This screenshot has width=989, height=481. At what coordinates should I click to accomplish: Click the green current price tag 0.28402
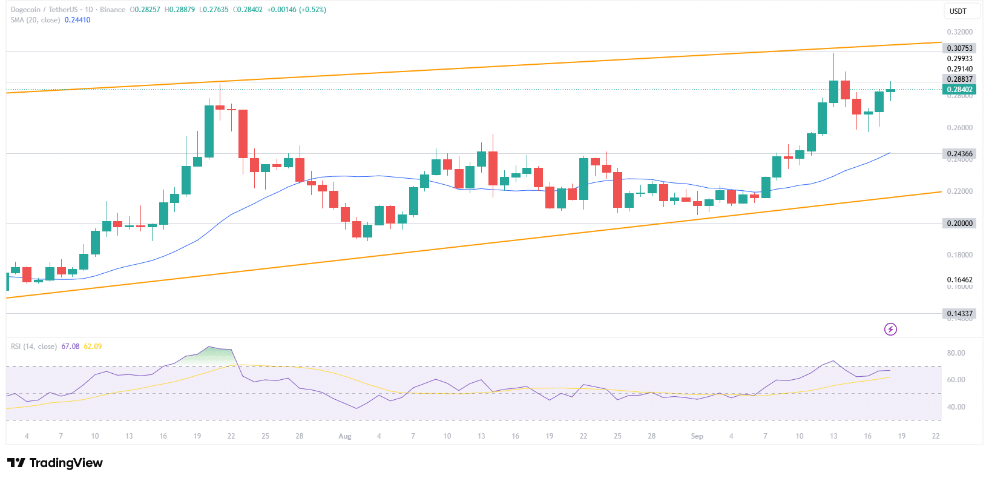pos(959,90)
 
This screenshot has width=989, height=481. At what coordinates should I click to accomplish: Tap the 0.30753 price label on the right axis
pos(959,48)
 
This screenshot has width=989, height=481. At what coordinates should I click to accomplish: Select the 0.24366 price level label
pos(959,154)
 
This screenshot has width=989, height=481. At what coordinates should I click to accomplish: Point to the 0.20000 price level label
pos(959,224)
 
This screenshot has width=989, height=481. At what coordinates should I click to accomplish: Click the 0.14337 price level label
pos(959,314)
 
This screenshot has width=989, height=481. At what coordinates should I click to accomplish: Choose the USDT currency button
pos(958,12)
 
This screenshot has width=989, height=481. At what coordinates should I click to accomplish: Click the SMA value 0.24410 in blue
pos(77,20)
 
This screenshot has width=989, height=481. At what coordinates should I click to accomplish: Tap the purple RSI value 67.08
pos(70,347)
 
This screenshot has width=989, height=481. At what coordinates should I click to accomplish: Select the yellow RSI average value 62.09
pos(93,347)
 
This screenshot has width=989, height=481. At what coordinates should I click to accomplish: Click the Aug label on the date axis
pos(345,436)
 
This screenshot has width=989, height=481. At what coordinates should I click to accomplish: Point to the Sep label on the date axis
pos(697,436)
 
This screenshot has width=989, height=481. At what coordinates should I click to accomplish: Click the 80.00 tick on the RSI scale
pos(956,353)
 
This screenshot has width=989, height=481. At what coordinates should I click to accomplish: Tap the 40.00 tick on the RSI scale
pos(956,407)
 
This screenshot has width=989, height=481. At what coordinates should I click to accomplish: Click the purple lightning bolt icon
pos(890,330)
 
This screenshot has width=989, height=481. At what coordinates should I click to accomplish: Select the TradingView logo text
pos(66,463)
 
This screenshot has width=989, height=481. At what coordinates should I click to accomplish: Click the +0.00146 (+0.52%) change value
pos(297,10)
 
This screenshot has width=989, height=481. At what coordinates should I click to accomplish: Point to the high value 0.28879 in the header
pos(181,10)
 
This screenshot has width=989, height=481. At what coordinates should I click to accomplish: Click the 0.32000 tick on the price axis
pos(959,32)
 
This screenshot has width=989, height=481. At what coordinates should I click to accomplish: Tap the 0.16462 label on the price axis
pos(959,280)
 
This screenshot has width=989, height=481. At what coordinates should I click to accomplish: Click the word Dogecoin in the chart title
pos(27,10)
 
